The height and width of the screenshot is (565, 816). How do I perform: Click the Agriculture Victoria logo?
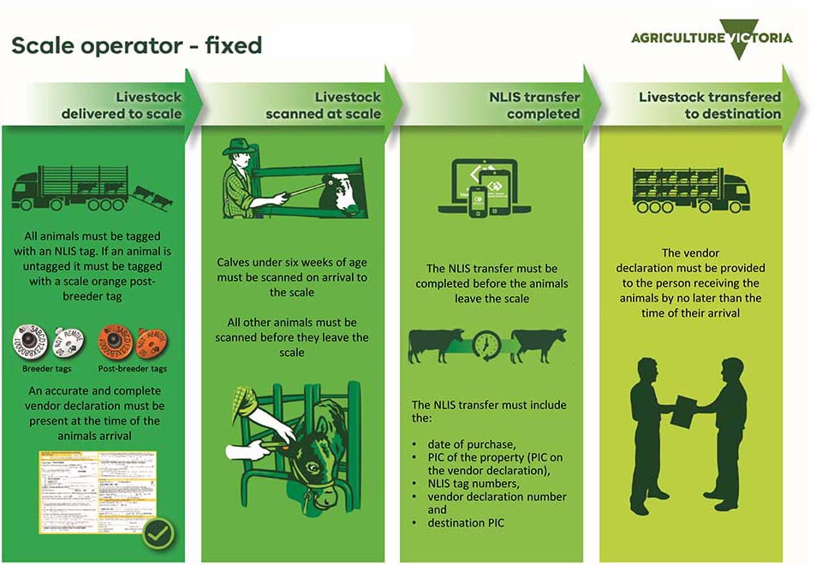(x=712, y=39)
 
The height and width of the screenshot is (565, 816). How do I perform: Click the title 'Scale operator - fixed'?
(x=136, y=45)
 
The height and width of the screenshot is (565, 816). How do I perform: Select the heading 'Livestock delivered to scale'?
(x=121, y=105)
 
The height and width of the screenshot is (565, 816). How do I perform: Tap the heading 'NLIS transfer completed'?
(x=533, y=105)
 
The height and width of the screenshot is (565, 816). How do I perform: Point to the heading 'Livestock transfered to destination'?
(x=709, y=105)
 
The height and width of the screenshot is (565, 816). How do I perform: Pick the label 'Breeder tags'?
(x=46, y=369)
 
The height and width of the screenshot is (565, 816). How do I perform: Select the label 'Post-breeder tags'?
(x=132, y=369)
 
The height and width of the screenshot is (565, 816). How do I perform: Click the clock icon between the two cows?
(x=487, y=345)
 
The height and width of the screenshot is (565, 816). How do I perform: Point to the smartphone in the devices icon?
(x=478, y=201)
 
